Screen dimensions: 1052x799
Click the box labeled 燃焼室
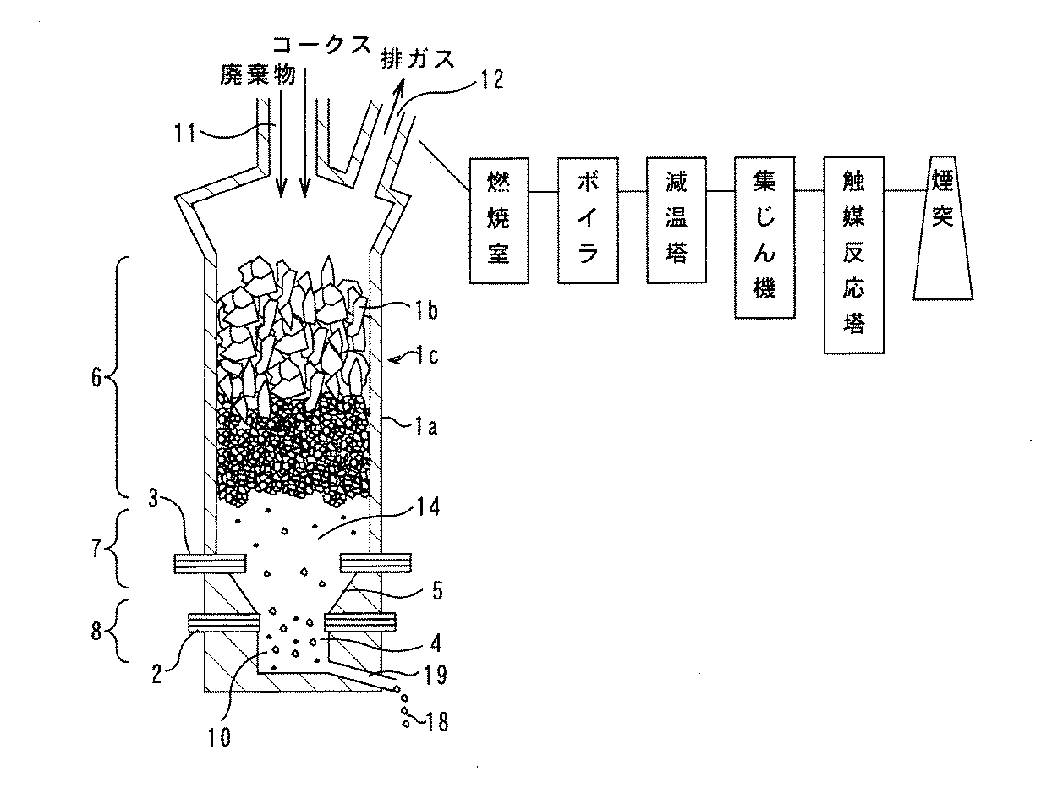coord(499,221)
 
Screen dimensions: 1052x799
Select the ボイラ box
coord(588,221)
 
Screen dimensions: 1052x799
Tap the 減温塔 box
coord(677,220)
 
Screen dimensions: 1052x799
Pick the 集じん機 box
coord(765,238)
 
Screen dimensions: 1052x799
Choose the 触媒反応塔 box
coord(854,254)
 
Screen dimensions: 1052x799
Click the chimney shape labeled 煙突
coord(943,228)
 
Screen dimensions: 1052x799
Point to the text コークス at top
coord(322,46)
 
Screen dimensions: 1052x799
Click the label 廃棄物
coord(258,74)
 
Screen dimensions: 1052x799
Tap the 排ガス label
coord(418,60)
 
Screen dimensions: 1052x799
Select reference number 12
coord(492,79)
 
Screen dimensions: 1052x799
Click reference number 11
coord(185,133)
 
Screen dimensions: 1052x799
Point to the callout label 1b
coord(425,311)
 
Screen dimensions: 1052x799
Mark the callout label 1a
coord(426,426)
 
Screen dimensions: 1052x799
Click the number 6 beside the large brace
coord(96,378)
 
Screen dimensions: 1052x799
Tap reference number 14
coord(428,506)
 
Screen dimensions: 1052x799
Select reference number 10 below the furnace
coord(219,737)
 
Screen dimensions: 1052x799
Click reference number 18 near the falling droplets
coord(436,722)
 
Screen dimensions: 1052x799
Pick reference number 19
coord(436,675)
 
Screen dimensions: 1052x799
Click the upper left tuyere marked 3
coord(210,563)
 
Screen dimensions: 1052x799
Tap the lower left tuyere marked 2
coord(224,622)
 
